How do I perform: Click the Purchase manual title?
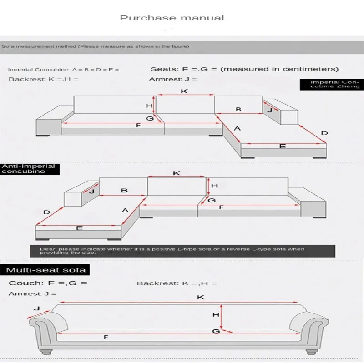[x=172, y=18]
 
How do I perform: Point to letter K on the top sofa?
[x=184, y=91]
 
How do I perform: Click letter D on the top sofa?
[x=324, y=133]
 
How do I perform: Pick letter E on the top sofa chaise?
[x=282, y=147]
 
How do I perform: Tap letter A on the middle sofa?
[x=125, y=210]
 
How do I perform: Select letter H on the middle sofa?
[x=215, y=186]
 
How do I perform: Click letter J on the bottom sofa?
[x=37, y=308]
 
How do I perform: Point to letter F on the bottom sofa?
[x=106, y=337]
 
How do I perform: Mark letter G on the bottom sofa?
[x=216, y=331]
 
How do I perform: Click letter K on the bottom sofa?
[x=200, y=298]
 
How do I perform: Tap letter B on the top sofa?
[x=238, y=110]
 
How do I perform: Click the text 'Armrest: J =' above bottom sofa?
[x=32, y=294]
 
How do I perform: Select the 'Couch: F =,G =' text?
[x=48, y=283]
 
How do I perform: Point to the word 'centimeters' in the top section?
[x=309, y=69]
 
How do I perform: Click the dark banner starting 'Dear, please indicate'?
[x=182, y=251]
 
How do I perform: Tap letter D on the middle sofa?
[x=46, y=212]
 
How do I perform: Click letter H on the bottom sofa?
[x=216, y=314]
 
